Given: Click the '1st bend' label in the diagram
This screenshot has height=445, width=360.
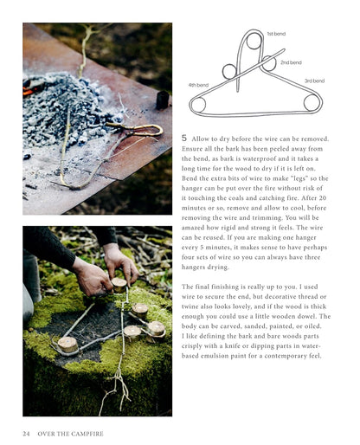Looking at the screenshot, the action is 276,34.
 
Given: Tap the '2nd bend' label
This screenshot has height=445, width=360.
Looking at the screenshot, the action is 291,62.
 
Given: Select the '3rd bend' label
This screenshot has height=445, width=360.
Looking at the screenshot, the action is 314,81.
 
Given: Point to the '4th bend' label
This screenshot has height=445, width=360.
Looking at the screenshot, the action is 198,85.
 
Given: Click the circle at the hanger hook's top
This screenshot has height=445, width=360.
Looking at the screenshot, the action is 254,42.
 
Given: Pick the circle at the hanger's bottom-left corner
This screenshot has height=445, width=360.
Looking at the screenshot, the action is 197,104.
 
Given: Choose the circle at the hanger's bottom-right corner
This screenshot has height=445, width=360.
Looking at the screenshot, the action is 312,103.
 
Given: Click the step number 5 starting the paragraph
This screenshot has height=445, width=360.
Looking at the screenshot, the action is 184,139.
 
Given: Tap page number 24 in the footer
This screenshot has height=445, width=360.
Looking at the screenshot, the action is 26,434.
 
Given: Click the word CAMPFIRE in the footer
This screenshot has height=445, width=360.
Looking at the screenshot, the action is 87,434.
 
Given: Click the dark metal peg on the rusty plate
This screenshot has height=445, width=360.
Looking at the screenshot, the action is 162,100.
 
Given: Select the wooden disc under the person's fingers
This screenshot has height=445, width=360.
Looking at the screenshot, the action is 119,285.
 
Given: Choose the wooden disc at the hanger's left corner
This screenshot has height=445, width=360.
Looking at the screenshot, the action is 67,345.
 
